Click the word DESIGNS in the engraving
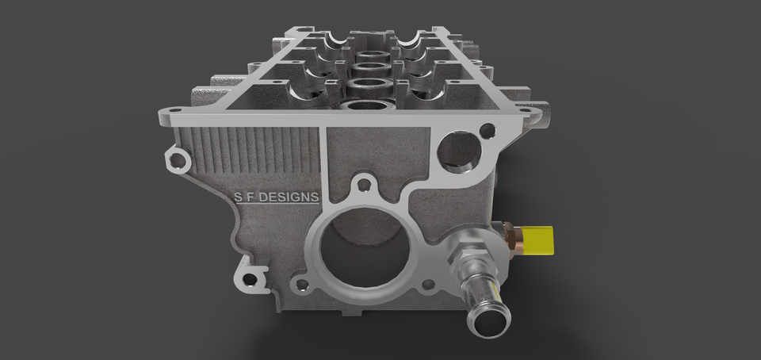coord(287,197)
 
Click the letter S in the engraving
coord(236,197)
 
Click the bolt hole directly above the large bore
coord(364,185)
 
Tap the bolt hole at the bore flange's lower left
coord(300,282)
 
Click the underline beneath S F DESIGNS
coord(273,206)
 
